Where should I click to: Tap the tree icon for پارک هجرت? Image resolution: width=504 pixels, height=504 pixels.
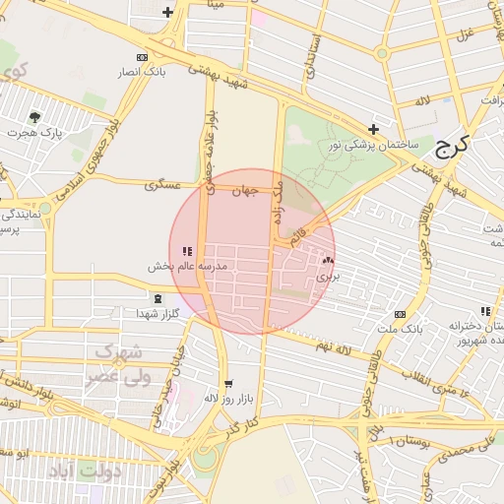click(x=35, y=117)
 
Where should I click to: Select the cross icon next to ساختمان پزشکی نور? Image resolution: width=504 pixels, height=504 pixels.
click(x=373, y=129)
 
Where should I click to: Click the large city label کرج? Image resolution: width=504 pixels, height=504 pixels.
click(x=454, y=148)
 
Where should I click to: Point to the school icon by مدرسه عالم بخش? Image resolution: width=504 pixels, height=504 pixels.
click(x=187, y=252)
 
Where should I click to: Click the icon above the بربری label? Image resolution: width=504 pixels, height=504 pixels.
click(x=328, y=261)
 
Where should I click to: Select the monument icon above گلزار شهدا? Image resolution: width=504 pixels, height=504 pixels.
click(x=157, y=298)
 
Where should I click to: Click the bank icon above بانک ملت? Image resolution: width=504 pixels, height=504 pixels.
click(x=399, y=314)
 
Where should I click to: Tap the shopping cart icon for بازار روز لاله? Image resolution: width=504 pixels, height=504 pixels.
click(x=229, y=385)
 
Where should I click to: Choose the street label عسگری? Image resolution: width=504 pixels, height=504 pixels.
click(x=162, y=184)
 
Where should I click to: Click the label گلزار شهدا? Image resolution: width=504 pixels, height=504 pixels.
click(x=157, y=313)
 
